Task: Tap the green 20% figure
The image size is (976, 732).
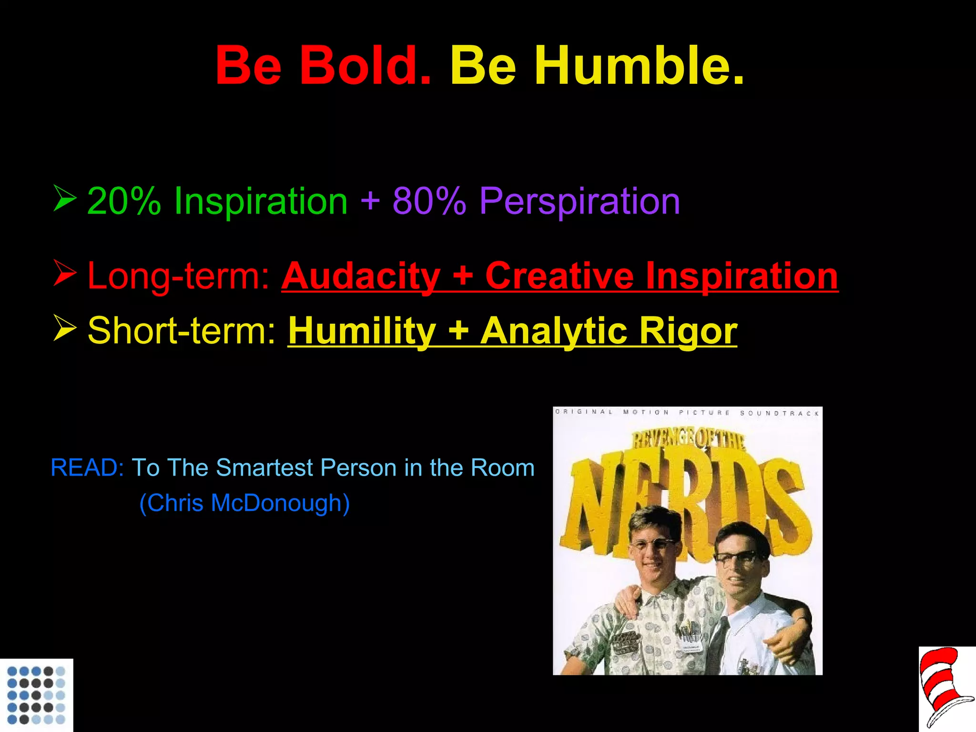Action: coord(124,201)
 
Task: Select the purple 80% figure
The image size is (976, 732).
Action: coord(429,201)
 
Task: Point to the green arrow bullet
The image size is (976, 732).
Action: coord(64,198)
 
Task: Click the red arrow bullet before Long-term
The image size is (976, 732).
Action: coord(64,273)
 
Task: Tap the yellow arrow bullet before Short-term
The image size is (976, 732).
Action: coord(64,328)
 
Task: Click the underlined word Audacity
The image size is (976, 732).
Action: coord(361,276)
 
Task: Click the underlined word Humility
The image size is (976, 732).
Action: coord(362,331)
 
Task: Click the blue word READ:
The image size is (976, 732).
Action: coord(87,468)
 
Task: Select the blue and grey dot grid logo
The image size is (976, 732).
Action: coord(36,695)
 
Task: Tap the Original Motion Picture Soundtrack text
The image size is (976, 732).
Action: coord(687,412)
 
